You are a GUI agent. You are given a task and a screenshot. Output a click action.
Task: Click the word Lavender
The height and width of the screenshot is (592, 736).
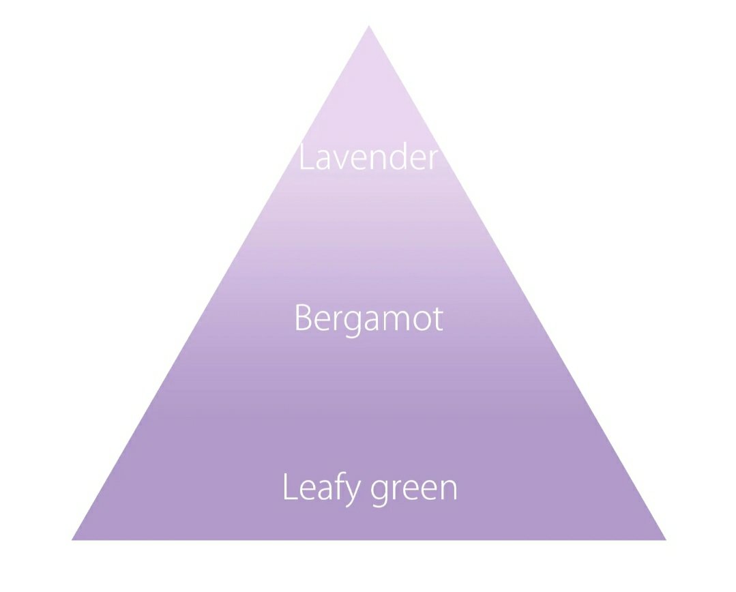(x=368, y=157)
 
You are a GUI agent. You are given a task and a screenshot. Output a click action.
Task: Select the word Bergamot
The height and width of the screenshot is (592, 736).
(x=369, y=319)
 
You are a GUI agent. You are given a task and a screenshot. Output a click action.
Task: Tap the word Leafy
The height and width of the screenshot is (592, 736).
(x=322, y=489)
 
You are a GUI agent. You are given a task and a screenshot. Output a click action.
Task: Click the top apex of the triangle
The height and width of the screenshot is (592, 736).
(x=369, y=25)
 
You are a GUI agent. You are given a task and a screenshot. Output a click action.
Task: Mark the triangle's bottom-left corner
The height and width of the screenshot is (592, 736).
(x=72, y=540)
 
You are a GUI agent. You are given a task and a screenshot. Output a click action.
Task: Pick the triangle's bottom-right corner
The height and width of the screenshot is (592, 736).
(x=666, y=540)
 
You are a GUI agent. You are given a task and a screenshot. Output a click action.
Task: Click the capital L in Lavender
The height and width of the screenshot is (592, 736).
(x=307, y=157)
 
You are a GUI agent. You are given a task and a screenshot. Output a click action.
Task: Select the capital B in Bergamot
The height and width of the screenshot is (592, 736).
(x=304, y=318)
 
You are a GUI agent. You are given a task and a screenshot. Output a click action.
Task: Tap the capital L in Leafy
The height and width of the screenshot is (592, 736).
(x=291, y=487)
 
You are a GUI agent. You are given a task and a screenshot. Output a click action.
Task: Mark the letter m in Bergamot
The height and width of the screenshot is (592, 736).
(x=400, y=322)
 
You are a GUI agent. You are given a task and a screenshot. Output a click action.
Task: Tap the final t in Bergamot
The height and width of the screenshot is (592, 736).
(x=437, y=319)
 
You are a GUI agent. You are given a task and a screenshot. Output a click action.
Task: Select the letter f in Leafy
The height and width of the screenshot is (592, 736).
(x=339, y=486)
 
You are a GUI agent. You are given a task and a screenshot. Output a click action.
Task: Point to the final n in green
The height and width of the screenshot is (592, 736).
(x=447, y=490)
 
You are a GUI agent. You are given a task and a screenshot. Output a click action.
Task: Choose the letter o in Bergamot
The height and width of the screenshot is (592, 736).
(x=422, y=322)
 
